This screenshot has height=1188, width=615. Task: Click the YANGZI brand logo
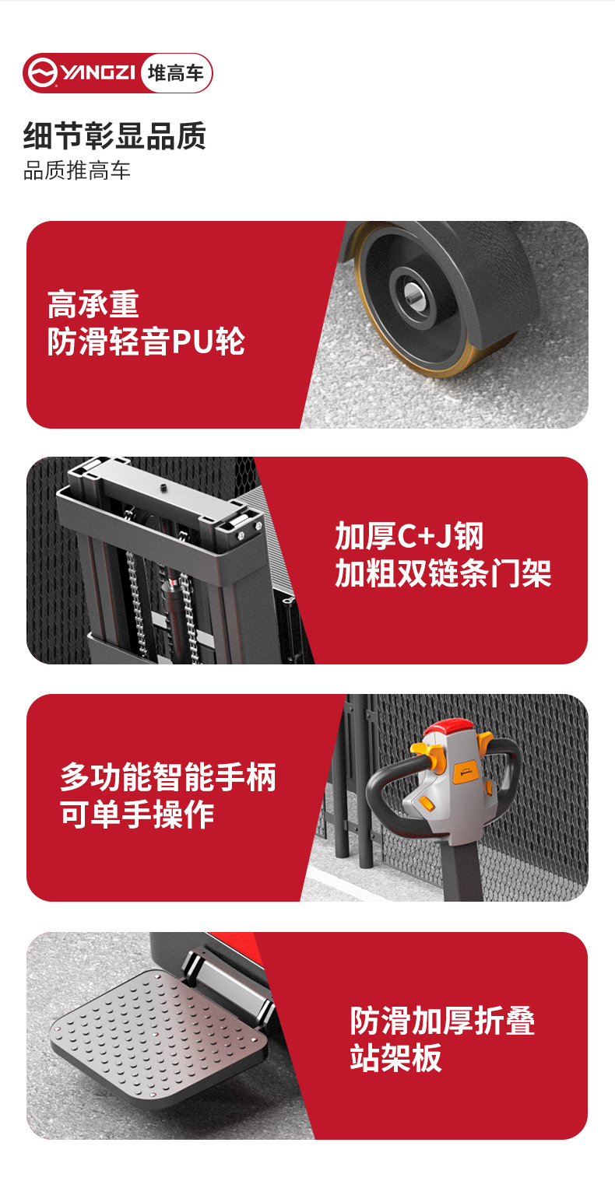pos(82,73)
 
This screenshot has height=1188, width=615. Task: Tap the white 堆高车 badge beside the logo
pos(176,73)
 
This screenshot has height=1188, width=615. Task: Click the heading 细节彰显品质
pos(114,136)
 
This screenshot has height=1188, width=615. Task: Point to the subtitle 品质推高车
pos(77,171)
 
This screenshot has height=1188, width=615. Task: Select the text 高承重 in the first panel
pos(93,304)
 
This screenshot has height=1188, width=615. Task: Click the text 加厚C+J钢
pos(409,536)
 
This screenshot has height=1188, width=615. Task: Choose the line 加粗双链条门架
pos(443,574)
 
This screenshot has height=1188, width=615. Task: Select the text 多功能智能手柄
pos(168,777)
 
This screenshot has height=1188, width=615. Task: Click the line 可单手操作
pos(137,815)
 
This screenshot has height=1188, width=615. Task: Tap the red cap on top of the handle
pos(454,731)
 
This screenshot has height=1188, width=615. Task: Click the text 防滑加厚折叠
pos(442,1020)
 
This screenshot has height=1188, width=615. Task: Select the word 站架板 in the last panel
pos(395,1058)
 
